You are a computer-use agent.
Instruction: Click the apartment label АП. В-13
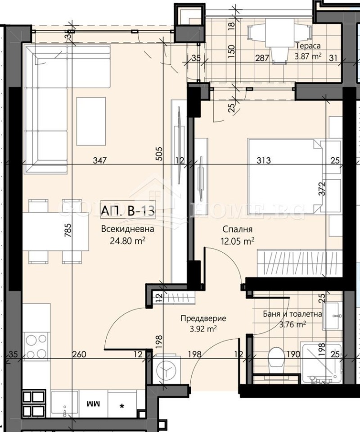[x=128, y=210]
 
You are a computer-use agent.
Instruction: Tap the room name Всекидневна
[x=128, y=229]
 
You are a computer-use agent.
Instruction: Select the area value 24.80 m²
[x=127, y=240]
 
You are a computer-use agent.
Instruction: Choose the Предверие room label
[x=203, y=318]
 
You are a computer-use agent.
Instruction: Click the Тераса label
[x=307, y=46]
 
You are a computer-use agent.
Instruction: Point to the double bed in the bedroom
[x=283, y=175]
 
